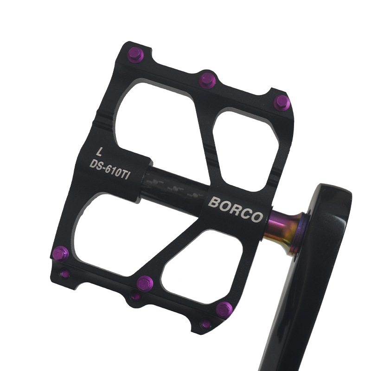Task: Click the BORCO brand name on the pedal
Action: click(x=236, y=210)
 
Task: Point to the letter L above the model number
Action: click(x=100, y=152)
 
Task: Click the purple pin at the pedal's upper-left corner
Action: click(x=135, y=55)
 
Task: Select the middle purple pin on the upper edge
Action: click(x=207, y=81)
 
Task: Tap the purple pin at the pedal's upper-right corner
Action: click(x=282, y=103)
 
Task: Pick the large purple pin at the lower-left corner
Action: click(x=60, y=254)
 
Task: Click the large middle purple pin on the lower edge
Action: click(x=145, y=284)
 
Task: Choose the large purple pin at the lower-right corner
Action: click(x=224, y=310)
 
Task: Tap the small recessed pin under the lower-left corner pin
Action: click(x=65, y=274)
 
